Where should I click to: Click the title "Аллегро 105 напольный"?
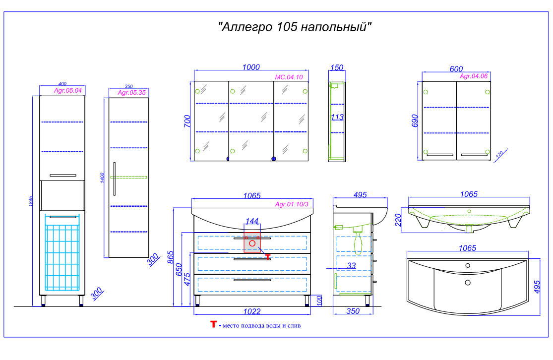tap(295, 27)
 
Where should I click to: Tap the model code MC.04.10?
tap(289, 77)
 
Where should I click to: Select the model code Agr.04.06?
tap(474, 76)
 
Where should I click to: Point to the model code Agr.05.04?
tap(68, 91)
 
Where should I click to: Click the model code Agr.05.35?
tap(131, 93)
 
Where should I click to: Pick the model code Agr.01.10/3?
tap(292, 204)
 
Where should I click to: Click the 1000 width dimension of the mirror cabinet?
tap(251, 67)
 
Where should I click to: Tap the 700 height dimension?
tap(187, 121)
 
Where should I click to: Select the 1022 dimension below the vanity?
tap(252, 311)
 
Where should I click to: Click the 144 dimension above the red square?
tap(252, 221)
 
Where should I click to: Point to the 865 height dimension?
tap(171, 257)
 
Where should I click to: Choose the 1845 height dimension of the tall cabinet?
tap(31, 201)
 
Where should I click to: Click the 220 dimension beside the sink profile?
tap(398, 220)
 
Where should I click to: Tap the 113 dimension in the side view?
tap(337, 117)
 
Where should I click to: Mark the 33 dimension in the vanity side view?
tap(351, 265)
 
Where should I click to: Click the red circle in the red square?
tap(252, 243)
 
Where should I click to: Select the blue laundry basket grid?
tap(62, 258)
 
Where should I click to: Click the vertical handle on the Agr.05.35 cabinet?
tap(114, 179)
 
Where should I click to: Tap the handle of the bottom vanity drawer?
tap(252, 280)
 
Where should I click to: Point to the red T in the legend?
tap(213, 324)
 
